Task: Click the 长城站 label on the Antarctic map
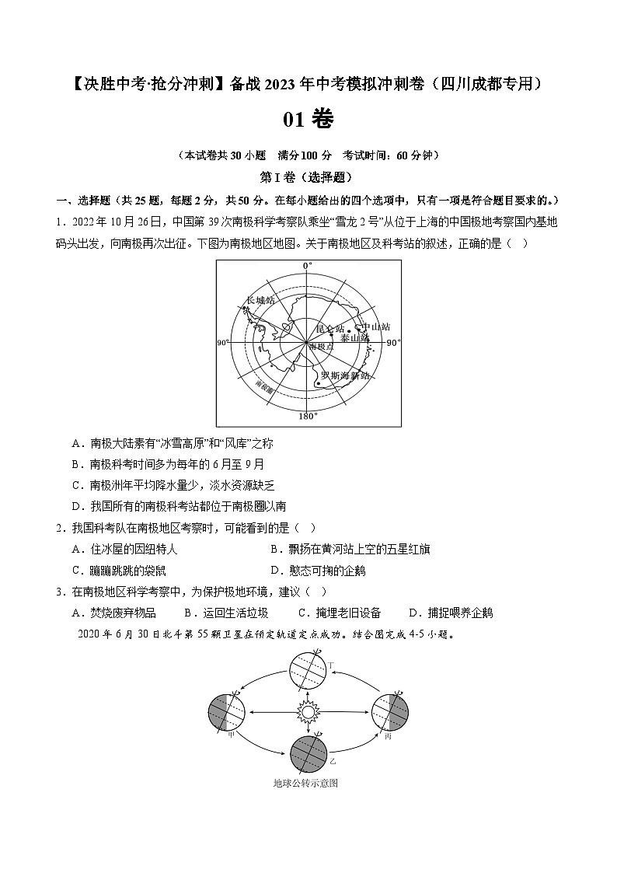[260, 300]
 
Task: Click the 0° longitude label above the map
[307, 266]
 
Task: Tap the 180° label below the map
[308, 417]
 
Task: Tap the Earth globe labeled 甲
[227, 711]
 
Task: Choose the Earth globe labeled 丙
[390, 711]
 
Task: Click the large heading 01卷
[308, 119]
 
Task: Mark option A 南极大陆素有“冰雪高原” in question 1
[172, 443]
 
